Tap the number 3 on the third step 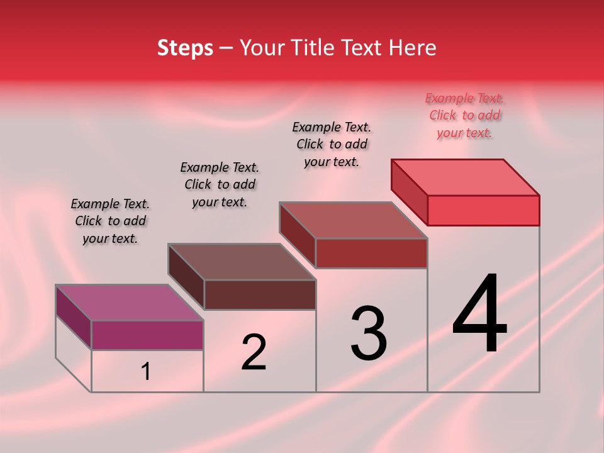point(369,333)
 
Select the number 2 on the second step point(254,352)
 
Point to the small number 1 point(145,371)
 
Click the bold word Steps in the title point(185,48)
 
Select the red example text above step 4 point(464,116)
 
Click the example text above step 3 point(332,145)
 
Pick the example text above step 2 point(220,185)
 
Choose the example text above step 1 point(110,221)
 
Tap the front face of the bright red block point(483,210)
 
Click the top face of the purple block point(130,302)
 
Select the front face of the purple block point(147,335)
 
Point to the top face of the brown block point(242,261)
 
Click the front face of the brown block point(260,294)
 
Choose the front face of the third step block point(371,253)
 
